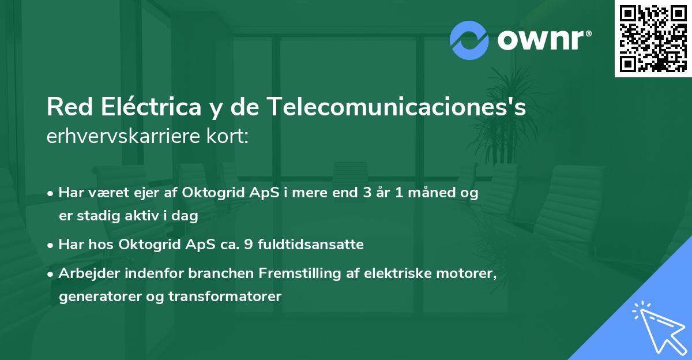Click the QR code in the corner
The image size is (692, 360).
click(653, 39)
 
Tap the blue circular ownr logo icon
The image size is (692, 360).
click(469, 40)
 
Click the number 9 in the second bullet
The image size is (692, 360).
click(249, 245)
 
